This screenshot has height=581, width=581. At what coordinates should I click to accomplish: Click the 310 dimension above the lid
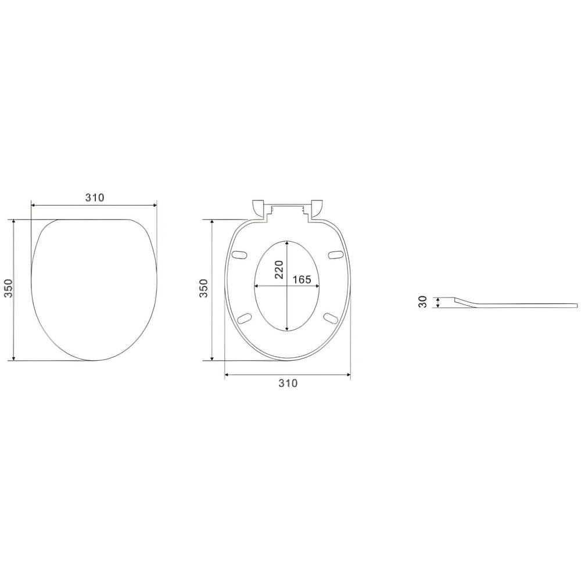point(95,198)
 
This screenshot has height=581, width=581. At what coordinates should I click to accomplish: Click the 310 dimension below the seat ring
point(288,383)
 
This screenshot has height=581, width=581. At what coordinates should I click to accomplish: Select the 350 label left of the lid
point(8,288)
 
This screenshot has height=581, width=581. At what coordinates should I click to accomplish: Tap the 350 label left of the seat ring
point(204,288)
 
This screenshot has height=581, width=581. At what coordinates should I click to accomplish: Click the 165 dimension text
point(302,279)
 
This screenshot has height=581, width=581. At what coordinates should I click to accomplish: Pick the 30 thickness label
point(422,302)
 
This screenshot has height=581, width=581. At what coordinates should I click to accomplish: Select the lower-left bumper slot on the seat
point(245,318)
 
